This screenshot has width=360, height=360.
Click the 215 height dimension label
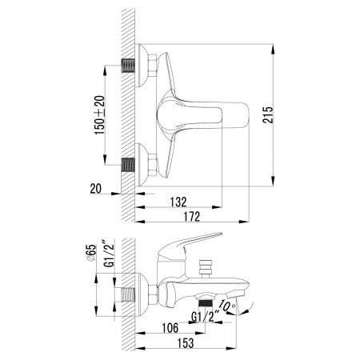[268, 114]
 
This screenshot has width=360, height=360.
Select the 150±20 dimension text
[100, 115]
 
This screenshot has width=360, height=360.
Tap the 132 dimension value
[178, 202]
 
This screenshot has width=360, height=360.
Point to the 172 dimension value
[192, 217]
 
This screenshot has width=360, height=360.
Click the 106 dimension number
[170, 328]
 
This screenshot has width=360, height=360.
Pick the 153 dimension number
[186, 343]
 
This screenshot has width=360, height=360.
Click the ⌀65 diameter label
[90, 253]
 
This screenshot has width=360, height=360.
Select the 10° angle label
[227, 306]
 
